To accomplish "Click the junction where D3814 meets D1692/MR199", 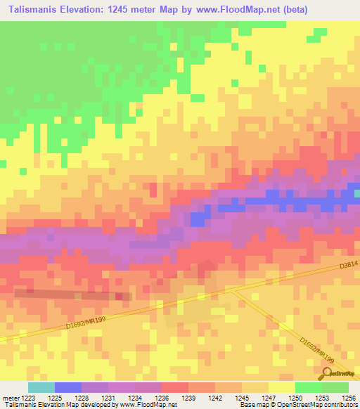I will coord(229,289).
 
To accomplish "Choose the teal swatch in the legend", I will coord(41,387).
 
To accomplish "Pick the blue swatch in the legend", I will coord(67,387).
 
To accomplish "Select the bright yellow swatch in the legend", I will coord(281,387).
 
